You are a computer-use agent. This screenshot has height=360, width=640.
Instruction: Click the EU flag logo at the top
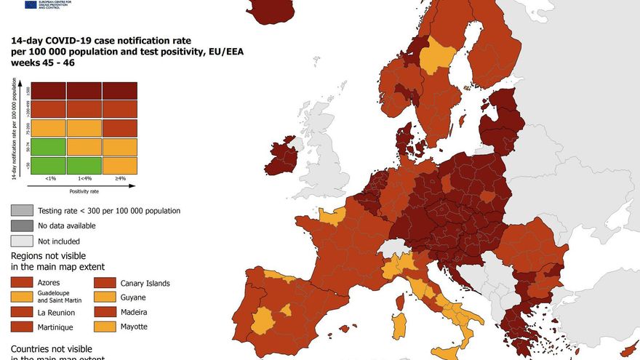pos(31,4)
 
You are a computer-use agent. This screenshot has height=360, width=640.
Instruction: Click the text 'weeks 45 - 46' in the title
pos(42,63)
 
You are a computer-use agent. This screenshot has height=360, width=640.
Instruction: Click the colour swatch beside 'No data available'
pos(21,225)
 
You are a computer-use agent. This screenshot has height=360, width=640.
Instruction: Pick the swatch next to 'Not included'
pos(21,241)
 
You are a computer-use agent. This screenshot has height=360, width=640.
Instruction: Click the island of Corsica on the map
pos(400,301)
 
